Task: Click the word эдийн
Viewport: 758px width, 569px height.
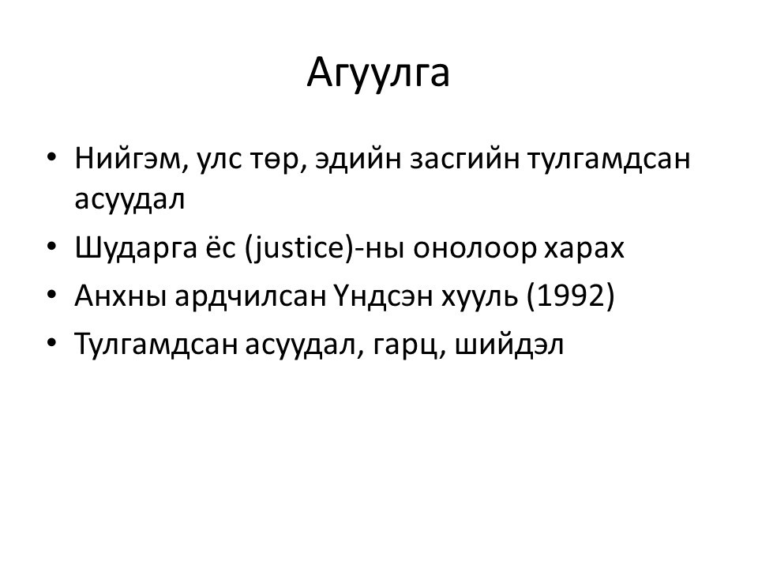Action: (x=358, y=159)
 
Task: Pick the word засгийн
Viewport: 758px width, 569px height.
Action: (x=464, y=159)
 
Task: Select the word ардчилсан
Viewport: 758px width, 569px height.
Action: (x=250, y=297)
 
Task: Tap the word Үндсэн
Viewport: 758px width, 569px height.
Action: (x=383, y=296)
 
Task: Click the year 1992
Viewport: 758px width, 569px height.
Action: (x=570, y=296)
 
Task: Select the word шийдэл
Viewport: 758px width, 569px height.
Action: (x=509, y=344)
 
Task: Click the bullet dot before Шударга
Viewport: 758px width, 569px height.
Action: (x=52, y=247)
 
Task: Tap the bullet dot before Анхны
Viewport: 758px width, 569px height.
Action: (x=52, y=295)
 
